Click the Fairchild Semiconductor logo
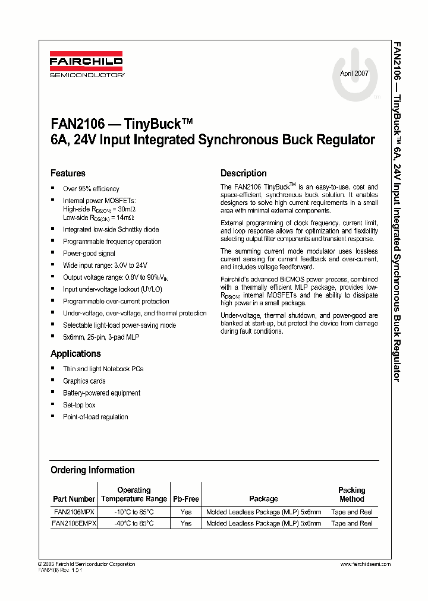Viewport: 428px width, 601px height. coord(86,66)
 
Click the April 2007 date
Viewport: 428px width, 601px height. coord(354,74)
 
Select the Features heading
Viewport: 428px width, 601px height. coord(68,173)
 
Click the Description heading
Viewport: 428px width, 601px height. coord(243,173)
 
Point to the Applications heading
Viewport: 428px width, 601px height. coord(75,353)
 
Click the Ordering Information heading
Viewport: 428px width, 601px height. coord(92,470)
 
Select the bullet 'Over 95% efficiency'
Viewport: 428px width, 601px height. coord(91,189)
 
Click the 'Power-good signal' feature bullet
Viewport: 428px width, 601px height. coord(89,254)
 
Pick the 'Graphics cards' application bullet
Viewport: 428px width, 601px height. coord(84,381)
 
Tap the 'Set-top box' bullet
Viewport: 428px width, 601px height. coord(79,405)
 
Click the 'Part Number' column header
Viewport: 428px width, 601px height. coord(74,499)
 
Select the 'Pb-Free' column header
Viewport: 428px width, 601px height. coord(185,499)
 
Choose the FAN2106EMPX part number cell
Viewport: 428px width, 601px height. coord(74,523)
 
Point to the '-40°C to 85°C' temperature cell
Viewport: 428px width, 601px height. coord(134,523)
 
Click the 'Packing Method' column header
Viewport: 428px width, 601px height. coord(351,495)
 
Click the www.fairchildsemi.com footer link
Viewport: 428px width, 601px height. coord(365,564)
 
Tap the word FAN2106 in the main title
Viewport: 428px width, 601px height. coord(78,124)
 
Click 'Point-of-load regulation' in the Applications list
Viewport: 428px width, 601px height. coord(95,417)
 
